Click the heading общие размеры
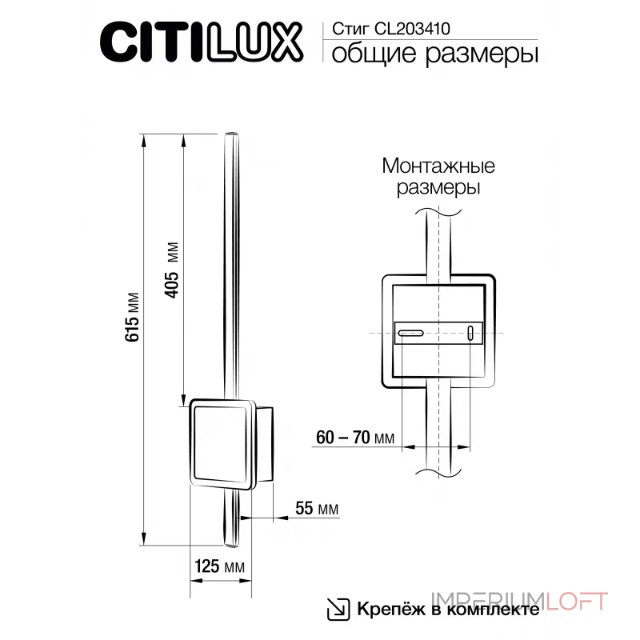click(x=433, y=54)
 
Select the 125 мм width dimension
click(x=218, y=567)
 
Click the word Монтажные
click(x=438, y=167)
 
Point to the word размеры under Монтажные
click(x=438, y=190)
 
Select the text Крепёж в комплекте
click(x=447, y=609)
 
